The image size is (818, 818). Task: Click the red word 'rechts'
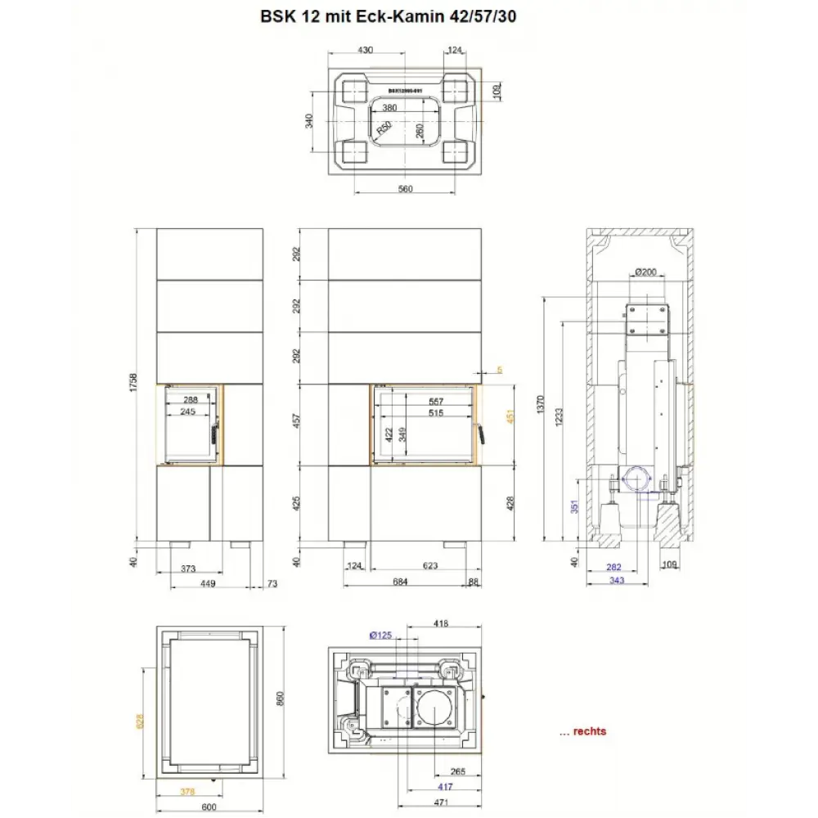coord(590,731)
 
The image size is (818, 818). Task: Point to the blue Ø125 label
coord(381,636)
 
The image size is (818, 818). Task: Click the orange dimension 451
coord(511,418)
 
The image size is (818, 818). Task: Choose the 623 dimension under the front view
coord(430,565)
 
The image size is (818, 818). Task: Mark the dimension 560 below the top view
coord(406,189)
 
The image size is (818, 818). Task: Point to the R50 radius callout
coord(383,128)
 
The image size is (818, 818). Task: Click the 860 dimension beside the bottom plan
coord(279,700)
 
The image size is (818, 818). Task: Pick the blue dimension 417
coord(445,787)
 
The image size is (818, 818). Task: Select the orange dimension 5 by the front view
coord(499,370)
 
